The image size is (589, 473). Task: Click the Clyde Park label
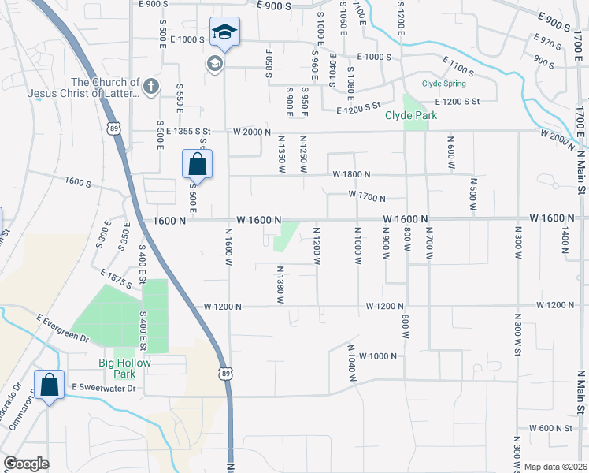pyautogui.click(x=410, y=115)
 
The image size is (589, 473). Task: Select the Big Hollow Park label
pyautogui.click(x=124, y=368)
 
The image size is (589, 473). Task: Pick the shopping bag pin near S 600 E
pyautogui.click(x=197, y=165)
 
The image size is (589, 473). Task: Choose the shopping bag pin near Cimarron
pyautogui.click(x=50, y=386)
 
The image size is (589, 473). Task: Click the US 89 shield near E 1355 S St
pyautogui.click(x=115, y=129)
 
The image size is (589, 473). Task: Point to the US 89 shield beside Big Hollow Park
pyautogui.click(x=227, y=373)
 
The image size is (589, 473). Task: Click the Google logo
pyautogui.click(x=27, y=464)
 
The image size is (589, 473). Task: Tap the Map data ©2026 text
pyautogui.click(x=555, y=467)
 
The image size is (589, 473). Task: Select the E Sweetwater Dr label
pyautogui.click(x=104, y=388)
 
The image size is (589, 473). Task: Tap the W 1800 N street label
pyautogui.click(x=351, y=173)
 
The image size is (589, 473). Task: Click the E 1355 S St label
pyautogui.click(x=189, y=132)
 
